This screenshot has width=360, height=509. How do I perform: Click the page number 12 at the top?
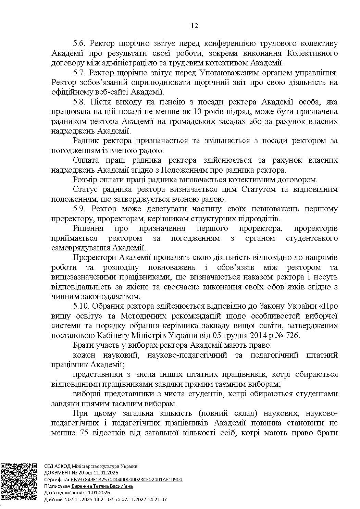tap(195, 26)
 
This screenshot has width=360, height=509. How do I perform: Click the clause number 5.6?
tap(81, 44)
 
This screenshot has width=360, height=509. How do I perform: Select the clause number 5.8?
tap(81, 102)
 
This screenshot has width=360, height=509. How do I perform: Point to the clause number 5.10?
tap(83, 306)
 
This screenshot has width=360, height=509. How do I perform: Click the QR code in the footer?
tap(19, 482)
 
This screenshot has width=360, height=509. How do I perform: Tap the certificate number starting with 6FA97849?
tap(127, 480)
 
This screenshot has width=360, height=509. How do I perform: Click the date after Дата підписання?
tap(98, 493)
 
